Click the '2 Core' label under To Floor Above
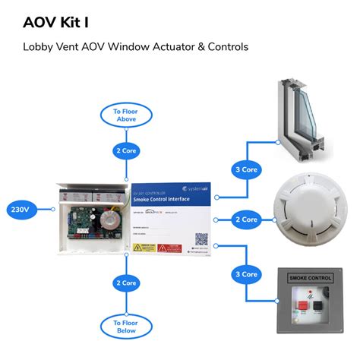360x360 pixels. click(x=125, y=150)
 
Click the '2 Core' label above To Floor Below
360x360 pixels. click(x=125, y=283)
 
